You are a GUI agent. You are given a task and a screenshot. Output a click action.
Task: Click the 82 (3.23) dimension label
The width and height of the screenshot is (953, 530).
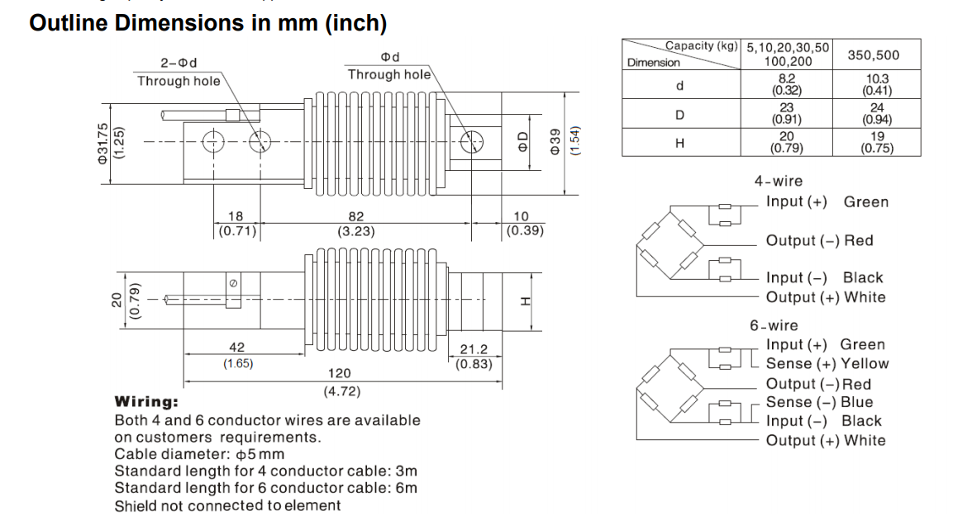pyautogui.click(x=356, y=225)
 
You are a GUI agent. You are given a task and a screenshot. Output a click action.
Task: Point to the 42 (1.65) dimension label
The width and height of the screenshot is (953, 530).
pyautogui.click(x=238, y=355)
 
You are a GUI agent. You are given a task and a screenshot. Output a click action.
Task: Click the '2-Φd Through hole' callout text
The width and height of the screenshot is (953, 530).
pyautogui.click(x=179, y=72)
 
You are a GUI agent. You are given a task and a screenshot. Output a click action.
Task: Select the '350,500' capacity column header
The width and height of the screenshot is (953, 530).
pyautogui.click(x=874, y=55)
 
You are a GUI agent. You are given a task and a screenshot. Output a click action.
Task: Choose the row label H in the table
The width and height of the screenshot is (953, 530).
pyautogui.click(x=679, y=143)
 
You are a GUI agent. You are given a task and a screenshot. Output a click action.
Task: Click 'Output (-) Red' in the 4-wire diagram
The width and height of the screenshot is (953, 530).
pyautogui.click(x=819, y=240)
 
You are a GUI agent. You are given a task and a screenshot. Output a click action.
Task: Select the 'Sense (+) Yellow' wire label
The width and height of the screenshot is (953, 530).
pyautogui.click(x=827, y=363)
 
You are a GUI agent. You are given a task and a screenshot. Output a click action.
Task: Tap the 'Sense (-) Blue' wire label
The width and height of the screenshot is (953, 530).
pyautogui.click(x=819, y=402)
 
